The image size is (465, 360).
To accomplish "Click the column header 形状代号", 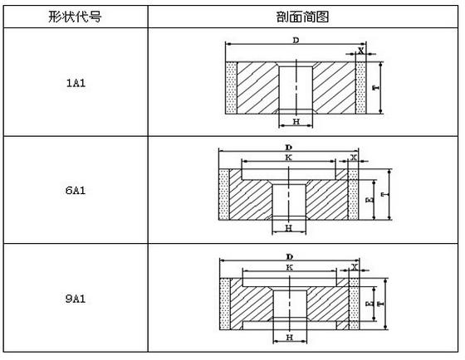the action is [x=75, y=17].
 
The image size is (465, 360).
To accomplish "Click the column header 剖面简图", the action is [x=302, y=17].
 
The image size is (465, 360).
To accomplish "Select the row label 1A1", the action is [x=76, y=83].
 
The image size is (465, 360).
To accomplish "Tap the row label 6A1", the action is [x=76, y=190].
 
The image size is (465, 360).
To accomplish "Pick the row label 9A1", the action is [x=76, y=298].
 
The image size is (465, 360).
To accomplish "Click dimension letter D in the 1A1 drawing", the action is [x=296, y=40].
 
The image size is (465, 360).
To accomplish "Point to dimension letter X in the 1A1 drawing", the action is [x=360, y=51].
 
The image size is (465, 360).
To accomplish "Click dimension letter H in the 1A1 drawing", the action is [x=296, y=121].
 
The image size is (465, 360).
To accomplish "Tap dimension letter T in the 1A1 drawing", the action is [x=375, y=88].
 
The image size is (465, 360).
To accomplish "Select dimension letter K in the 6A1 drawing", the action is [x=289, y=158].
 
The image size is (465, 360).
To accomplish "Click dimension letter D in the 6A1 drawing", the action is [x=289, y=148].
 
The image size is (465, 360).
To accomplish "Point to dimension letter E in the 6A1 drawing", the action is [x=370, y=200].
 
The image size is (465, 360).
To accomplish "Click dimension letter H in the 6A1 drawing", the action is [x=289, y=228].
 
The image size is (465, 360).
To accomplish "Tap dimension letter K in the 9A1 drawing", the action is [x=290, y=267].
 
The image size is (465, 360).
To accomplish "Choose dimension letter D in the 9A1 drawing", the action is [x=290, y=256].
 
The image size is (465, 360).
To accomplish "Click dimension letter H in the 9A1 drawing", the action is [x=290, y=337].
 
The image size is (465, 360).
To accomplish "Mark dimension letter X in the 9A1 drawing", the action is [x=355, y=267].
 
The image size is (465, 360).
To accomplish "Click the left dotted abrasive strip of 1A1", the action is [x=232, y=88].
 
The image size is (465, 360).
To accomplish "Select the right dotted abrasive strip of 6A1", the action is [x=353, y=194].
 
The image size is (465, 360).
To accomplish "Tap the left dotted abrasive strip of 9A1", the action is [x=225, y=304].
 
